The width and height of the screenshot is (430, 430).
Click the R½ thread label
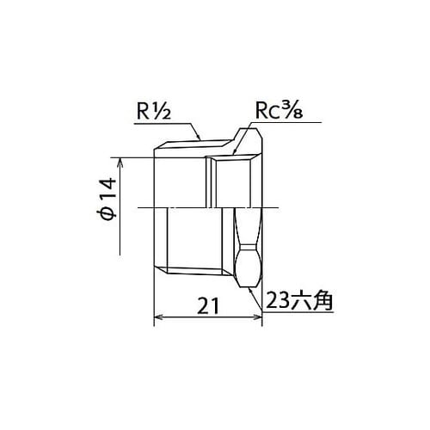[x=154, y=111]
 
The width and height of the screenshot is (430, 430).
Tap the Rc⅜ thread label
[x=279, y=111]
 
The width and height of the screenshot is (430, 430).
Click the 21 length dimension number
[x=208, y=306]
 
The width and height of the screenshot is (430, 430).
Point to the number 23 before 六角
[x=277, y=300]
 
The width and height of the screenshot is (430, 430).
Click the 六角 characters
[x=310, y=300]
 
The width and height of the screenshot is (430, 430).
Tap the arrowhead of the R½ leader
[x=198, y=136]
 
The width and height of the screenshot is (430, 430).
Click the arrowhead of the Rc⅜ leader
[x=235, y=150]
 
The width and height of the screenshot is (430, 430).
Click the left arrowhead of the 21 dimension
[x=158, y=317]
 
